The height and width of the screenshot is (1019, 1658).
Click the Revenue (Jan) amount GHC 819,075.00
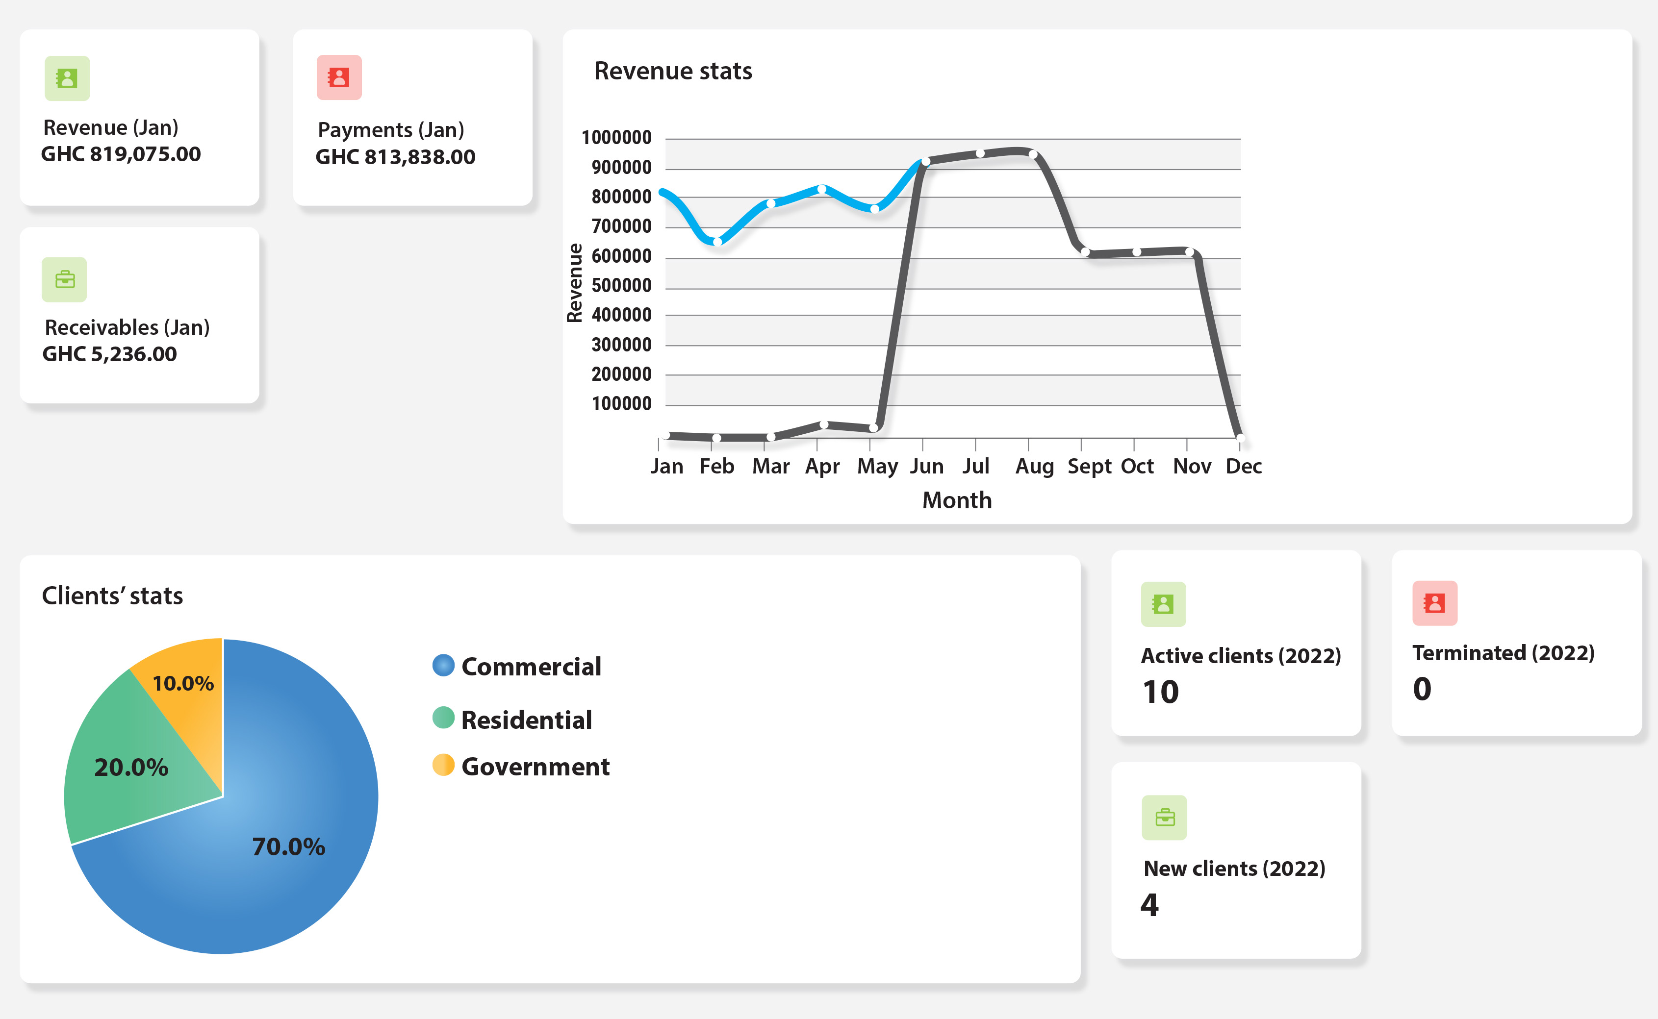click(121, 154)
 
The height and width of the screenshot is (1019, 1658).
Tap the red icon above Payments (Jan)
click(339, 77)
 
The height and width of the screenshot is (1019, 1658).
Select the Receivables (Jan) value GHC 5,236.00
click(109, 354)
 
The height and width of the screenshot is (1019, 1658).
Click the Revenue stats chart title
click(672, 71)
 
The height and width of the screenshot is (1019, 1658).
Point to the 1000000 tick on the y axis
click(616, 137)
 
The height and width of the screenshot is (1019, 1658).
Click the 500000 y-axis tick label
click(621, 285)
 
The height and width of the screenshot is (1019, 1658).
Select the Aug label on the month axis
click(1034, 467)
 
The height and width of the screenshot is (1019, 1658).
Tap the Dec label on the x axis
click(1243, 467)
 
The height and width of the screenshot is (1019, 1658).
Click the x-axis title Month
click(957, 500)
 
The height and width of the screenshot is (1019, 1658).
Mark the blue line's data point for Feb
click(717, 241)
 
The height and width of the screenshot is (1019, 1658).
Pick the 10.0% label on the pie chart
click(183, 683)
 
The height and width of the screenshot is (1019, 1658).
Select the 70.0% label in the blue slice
click(288, 846)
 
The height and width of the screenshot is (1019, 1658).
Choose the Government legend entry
click(535, 767)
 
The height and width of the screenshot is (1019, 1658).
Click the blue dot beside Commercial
click(443, 665)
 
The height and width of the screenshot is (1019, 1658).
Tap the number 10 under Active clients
click(1160, 692)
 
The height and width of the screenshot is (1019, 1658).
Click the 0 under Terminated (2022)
click(1422, 689)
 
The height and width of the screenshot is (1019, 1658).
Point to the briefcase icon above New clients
click(1165, 818)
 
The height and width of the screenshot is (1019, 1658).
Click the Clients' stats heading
click(112, 596)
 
